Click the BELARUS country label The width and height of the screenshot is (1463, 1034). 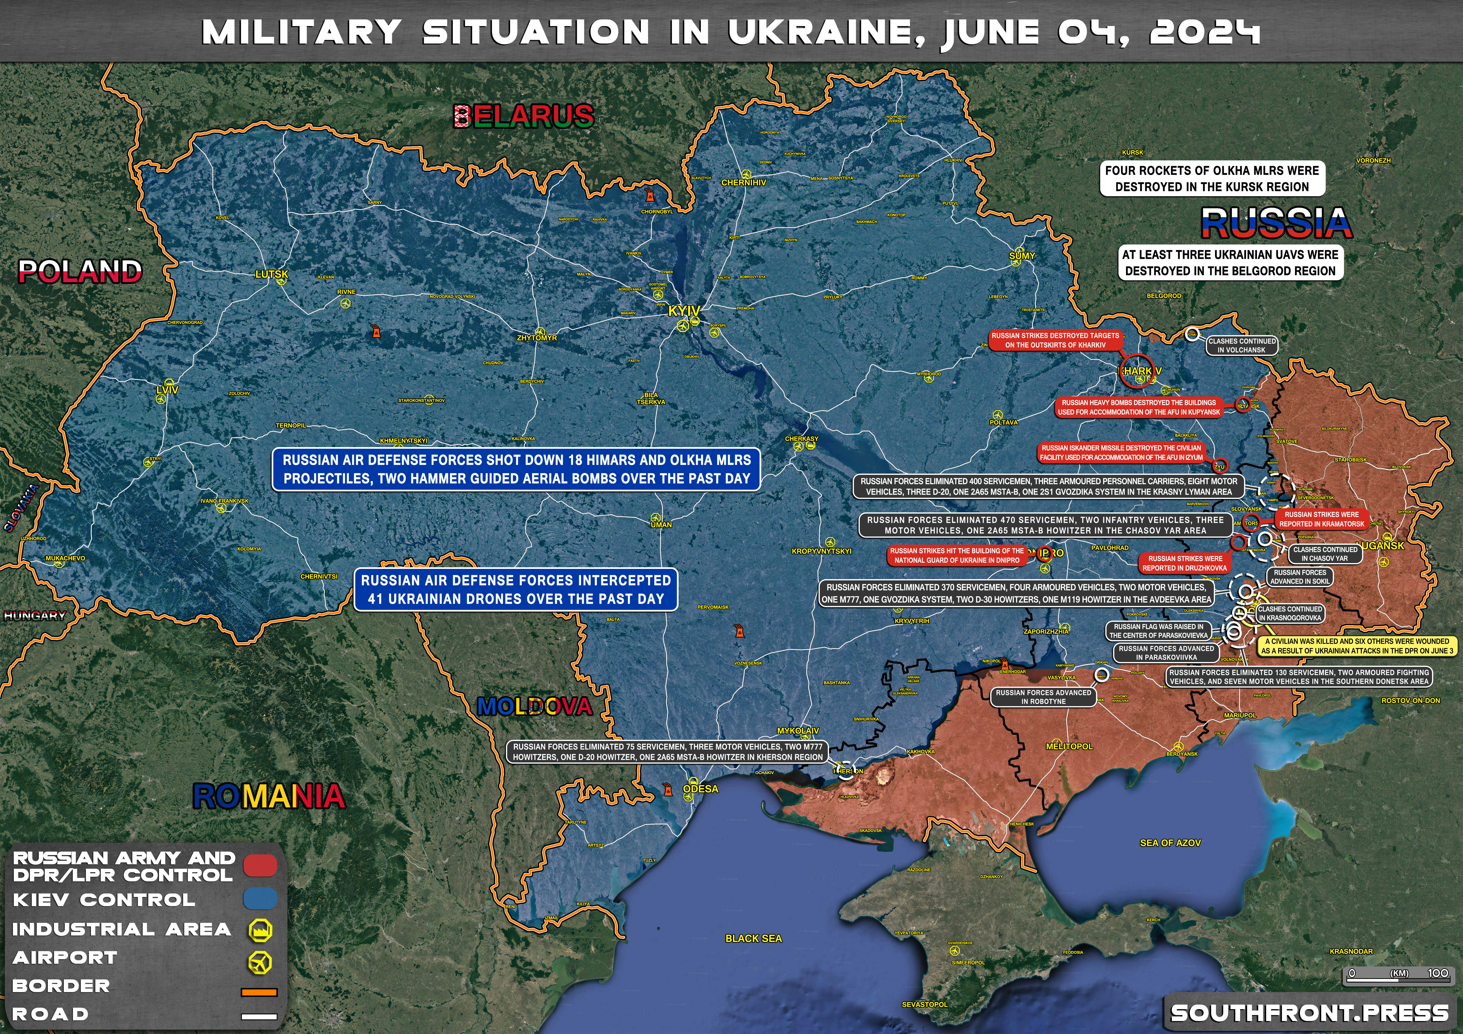[524, 116]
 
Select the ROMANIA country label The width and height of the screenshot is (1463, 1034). [269, 796]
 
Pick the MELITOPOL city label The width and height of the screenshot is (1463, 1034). [1069, 746]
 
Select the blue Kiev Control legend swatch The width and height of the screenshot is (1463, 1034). [260, 899]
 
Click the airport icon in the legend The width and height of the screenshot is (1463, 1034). [260, 961]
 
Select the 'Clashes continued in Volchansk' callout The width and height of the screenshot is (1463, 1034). [1242, 345]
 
